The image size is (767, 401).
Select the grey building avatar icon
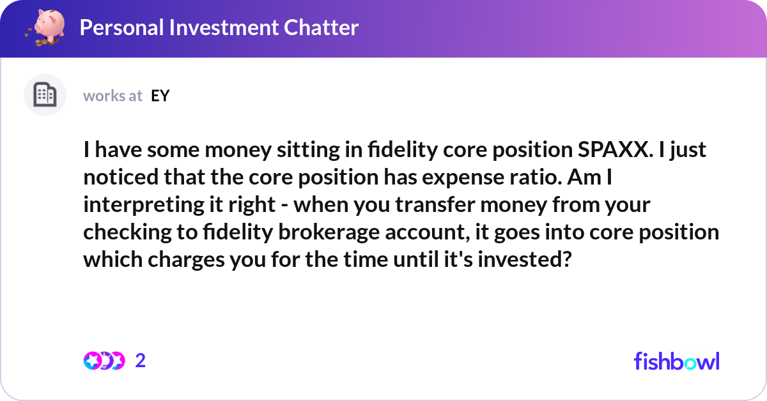(45, 96)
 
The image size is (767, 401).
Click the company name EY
(160, 96)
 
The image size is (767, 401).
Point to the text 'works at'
(112, 96)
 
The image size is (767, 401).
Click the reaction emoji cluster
(104, 361)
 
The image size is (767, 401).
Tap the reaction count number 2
(141, 361)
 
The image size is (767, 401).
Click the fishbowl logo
(676, 361)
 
